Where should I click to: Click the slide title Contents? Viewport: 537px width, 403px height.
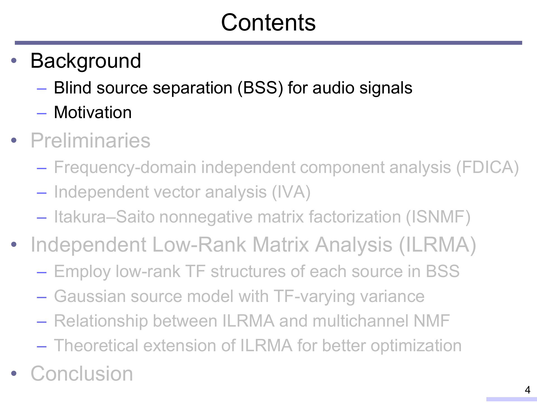point(268,22)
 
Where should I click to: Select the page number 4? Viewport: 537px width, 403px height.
point(527,390)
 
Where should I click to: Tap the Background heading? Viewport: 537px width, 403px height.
point(86,61)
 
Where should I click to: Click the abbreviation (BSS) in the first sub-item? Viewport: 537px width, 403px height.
point(260,88)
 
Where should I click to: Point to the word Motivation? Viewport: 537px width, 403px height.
point(93,112)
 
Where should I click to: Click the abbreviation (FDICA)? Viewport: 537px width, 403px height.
point(487,167)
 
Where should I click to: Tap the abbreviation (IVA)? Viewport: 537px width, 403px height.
point(291,192)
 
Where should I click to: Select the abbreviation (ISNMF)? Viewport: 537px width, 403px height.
point(438,217)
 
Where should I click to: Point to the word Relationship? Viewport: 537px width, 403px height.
point(101,321)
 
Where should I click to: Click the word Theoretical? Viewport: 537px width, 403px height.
point(96,345)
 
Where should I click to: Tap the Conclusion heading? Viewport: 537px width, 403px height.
point(82,373)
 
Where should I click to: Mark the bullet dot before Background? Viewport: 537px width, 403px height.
point(14,61)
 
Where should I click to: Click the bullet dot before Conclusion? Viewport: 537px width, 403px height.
point(14,374)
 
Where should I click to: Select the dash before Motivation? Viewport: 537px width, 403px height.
point(41,113)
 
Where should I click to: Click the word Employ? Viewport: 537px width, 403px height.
point(82,272)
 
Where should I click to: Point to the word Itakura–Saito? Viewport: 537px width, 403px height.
point(104,217)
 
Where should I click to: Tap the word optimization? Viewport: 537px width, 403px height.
point(416,346)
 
